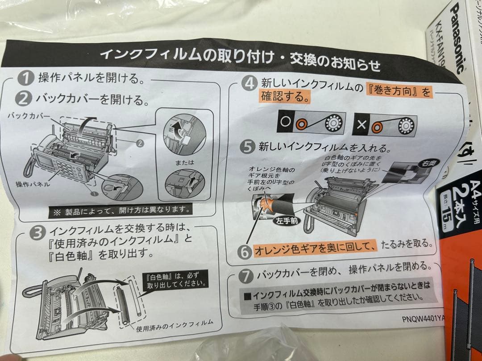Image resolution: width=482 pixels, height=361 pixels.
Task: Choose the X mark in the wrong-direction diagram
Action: point(361,124)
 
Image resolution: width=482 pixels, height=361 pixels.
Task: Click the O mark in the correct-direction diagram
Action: point(285,123)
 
